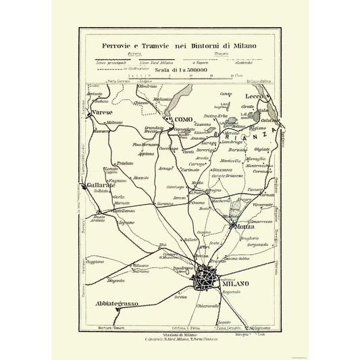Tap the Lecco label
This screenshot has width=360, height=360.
(x=253, y=97)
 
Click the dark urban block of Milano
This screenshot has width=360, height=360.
(x=207, y=278)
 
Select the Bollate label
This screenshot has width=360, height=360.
(x=190, y=240)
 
